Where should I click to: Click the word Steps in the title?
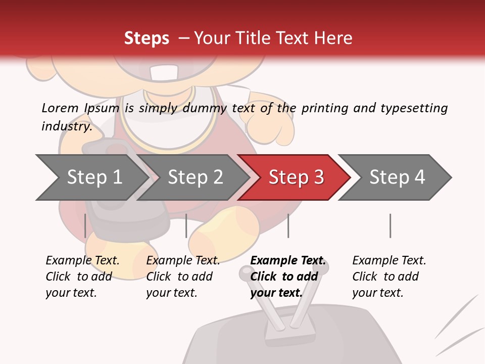[x=147, y=38]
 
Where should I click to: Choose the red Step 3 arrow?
[x=296, y=177]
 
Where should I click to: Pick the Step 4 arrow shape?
[x=397, y=177]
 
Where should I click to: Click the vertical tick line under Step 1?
[x=85, y=225]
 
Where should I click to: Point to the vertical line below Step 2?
[x=186, y=225]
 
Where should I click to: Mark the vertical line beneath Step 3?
[x=288, y=225]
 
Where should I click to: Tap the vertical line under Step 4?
[x=390, y=225]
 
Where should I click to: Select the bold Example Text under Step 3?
[x=288, y=277]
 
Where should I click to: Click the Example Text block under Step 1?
[x=82, y=277]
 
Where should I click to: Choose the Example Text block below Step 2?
[x=183, y=277]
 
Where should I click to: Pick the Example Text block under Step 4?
[x=389, y=277]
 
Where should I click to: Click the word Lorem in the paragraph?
[x=60, y=108]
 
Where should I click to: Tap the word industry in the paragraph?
[x=67, y=126]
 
